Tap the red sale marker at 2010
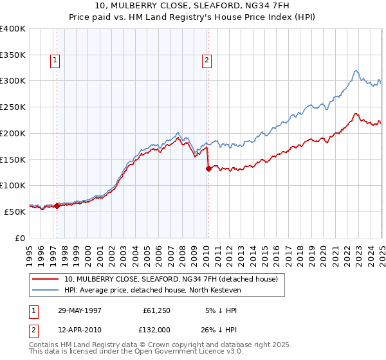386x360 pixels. pyautogui.click(x=208, y=169)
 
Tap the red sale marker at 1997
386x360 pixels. pyautogui.click(x=57, y=206)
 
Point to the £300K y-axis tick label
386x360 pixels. pyautogui.click(x=13, y=81)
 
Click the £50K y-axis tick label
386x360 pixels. pyautogui.click(x=15, y=212)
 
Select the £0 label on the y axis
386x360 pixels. pyautogui.click(x=20, y=238)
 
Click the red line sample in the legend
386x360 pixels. pyautogui.click(x=45, y=279)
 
